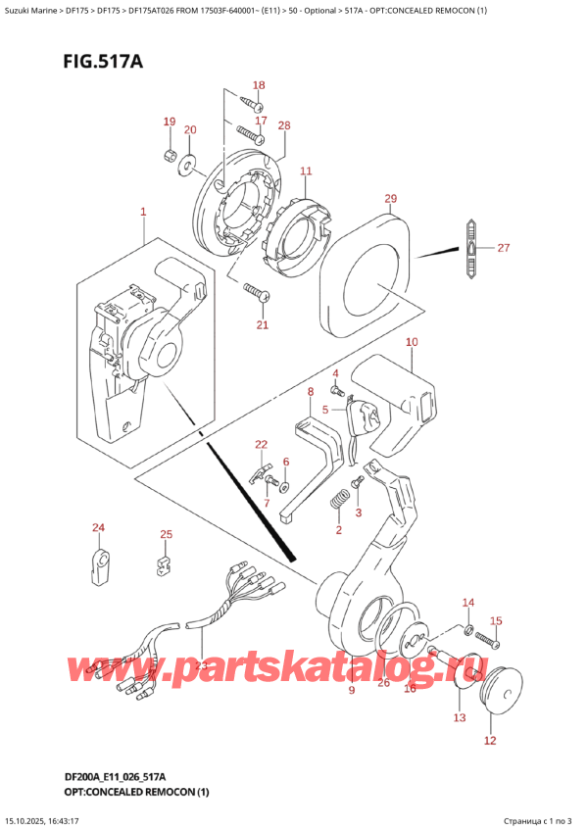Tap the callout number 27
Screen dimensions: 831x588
(x=503, y=248)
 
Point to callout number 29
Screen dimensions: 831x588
(x=390, y=200)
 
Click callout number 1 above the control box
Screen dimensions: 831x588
(x=143, y=212)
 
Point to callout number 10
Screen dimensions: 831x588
(x=411, y=342)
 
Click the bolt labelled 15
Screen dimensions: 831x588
(x=487, y=641)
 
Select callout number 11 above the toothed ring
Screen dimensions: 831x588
(x=305, y=172)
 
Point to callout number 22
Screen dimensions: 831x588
(x=261, y=445)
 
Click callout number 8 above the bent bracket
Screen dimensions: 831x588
(x=310, y=393)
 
